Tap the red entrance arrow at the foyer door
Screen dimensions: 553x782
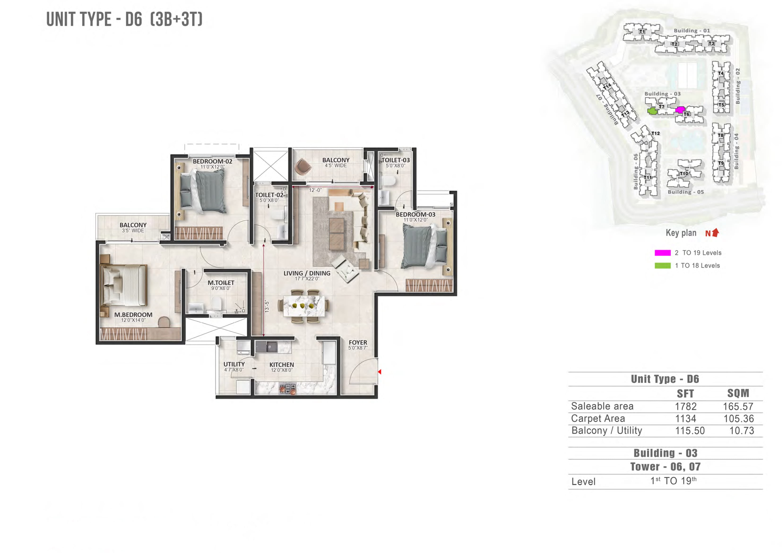(379, 372)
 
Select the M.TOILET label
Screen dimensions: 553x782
(221, 283)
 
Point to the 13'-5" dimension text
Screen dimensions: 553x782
(267, 307)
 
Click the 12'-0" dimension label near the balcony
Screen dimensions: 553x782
(315, 190)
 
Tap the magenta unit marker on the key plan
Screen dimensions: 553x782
(680, 110)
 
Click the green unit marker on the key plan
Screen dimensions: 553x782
(652, 111)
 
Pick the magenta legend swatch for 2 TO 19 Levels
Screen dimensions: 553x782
(662, 253)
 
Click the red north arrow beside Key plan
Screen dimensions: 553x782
(716, 232)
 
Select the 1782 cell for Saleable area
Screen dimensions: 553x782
(686, 406)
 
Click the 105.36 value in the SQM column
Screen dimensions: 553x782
(739, 418)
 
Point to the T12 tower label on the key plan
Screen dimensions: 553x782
(655, 133)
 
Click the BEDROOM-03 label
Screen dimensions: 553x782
(415, 214)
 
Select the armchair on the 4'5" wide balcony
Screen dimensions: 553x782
(302, 167)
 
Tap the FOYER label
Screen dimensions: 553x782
(358, 342)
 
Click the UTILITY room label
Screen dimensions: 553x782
(234, 364)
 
